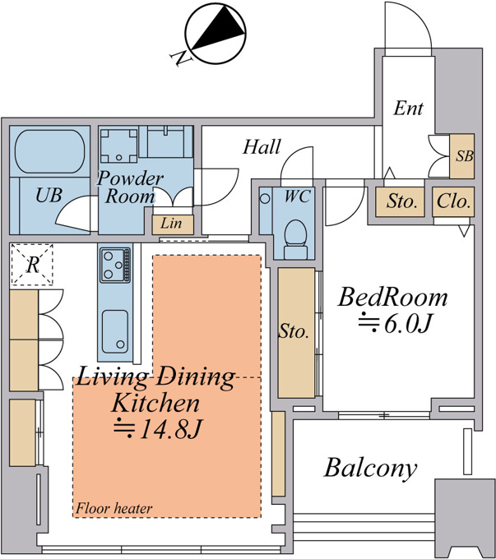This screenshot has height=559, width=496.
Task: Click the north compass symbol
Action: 216,35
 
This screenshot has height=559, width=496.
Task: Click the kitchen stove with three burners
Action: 115,265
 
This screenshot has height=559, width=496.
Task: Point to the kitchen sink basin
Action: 115,331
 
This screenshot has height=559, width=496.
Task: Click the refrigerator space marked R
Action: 32,265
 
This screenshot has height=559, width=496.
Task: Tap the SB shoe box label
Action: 465,156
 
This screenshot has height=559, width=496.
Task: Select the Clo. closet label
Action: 453,201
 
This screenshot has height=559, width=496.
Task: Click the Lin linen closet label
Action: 171,224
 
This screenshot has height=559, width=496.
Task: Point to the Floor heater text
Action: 114,508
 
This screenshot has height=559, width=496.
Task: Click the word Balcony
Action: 370,469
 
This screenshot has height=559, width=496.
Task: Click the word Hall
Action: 262,146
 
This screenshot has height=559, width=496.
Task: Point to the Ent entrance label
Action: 408,108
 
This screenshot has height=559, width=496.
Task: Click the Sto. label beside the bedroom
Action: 294,331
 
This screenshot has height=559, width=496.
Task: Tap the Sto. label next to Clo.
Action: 401,201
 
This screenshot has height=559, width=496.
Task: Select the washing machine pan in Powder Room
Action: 118,146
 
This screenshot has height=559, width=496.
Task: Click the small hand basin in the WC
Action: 265,198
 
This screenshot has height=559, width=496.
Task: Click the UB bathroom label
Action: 49,196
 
